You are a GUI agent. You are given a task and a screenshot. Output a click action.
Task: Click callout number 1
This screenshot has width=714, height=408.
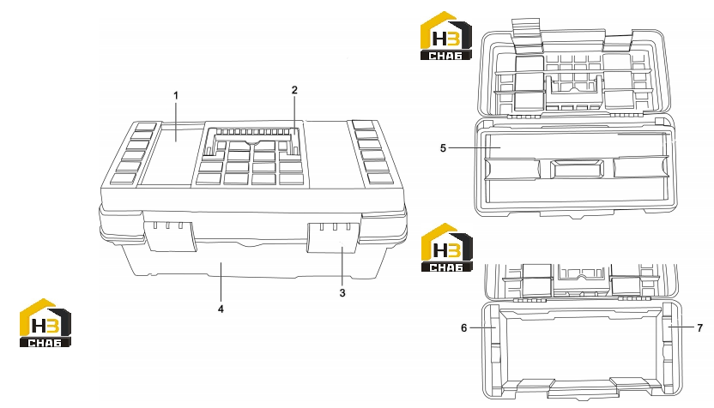[x=176, y=95]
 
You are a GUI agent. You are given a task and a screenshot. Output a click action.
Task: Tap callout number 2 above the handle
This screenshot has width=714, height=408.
[x=294, y=90]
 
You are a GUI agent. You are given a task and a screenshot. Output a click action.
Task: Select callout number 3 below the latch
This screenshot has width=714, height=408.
[x=342, y=293]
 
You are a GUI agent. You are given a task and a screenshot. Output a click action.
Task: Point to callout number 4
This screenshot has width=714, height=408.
[x=221, y=309]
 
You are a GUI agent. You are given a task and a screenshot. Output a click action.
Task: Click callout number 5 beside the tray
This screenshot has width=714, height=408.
[x=443, y=148]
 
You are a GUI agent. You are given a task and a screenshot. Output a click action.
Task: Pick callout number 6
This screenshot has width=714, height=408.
[x=464, y=328]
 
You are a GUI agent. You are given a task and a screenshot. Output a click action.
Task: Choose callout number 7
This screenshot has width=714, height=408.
[x=700, y=328]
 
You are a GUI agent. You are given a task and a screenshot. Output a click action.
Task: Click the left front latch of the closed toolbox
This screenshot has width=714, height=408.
[x=172, y=236]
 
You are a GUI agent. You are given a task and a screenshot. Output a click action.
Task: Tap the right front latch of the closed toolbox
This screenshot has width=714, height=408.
[x=333, y=237]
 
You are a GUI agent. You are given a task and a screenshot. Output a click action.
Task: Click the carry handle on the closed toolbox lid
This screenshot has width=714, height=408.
[x=252, y=136]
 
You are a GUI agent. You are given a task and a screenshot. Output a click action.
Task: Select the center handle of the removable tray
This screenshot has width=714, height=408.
[x=577, y=169]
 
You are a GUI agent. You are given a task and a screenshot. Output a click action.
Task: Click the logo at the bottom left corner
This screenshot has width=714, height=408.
[x=45, y=323]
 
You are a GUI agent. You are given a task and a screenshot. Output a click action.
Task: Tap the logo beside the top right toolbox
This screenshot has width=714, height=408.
[x=445, y=36]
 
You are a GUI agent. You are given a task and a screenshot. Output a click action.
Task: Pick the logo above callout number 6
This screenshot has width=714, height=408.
[x=447, y=248]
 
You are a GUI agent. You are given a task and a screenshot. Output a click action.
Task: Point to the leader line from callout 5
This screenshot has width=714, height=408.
[x=475, y=147]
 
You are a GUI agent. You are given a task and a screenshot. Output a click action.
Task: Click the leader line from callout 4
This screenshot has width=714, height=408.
[x=221, y=283]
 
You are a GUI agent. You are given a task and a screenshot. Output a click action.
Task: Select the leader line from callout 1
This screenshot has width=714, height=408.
[x=176, y=122]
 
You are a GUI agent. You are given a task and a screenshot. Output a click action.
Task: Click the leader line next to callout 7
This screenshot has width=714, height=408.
[x=681, y=327]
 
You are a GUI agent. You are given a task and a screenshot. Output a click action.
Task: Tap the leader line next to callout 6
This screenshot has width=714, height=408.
[x=482, y=327]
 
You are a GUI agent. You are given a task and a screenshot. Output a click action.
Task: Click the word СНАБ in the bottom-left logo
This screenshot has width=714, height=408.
[x=45, y=343]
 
